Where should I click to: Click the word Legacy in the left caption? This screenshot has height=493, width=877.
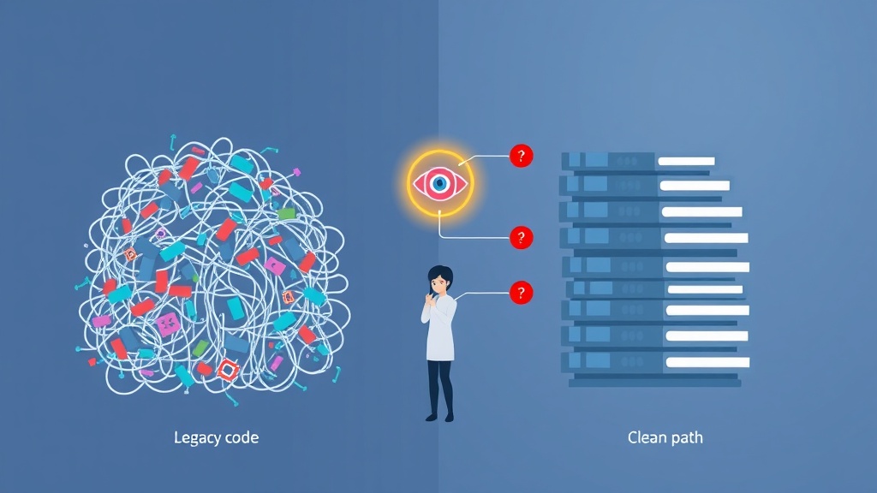196,437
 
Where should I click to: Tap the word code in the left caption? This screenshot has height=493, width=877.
241,437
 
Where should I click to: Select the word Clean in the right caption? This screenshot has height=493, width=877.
647,437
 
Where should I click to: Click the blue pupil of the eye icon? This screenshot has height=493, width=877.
440,183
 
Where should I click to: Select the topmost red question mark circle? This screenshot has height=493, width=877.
522,156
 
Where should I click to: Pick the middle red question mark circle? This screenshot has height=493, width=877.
522,238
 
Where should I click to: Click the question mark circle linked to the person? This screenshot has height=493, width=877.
522,293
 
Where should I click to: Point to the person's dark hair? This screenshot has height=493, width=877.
439,275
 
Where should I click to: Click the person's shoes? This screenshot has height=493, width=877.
440,417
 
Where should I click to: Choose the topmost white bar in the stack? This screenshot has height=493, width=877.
686,162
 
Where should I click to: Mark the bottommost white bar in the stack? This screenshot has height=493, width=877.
707,363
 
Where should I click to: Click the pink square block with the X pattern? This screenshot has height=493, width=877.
168,324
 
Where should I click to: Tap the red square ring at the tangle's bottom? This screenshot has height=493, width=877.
228,370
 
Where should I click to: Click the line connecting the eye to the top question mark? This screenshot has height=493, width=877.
483,157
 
